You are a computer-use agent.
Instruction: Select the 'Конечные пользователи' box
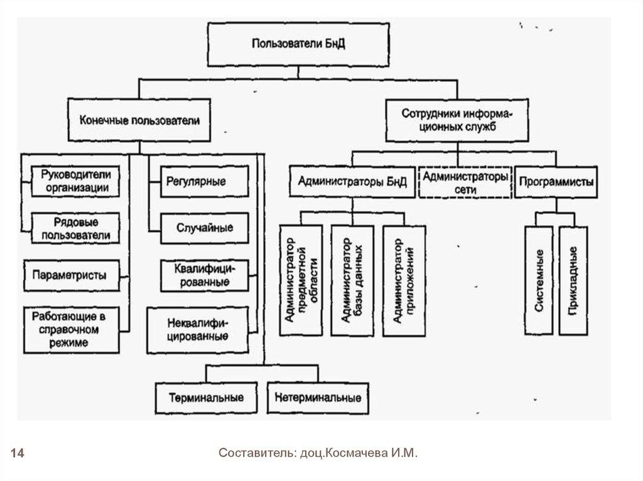coord(139,120)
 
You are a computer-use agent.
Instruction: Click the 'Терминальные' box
coord(205,398)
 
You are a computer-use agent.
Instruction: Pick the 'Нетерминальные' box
coord(318,398)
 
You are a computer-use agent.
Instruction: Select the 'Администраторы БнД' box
coord(352,182)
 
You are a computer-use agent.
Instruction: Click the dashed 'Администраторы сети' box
coord(465,182)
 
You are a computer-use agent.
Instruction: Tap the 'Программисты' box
coord(556,182)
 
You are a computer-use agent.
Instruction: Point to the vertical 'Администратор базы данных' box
coord(354,280)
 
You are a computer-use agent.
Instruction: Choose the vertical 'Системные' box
coord(539,280)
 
